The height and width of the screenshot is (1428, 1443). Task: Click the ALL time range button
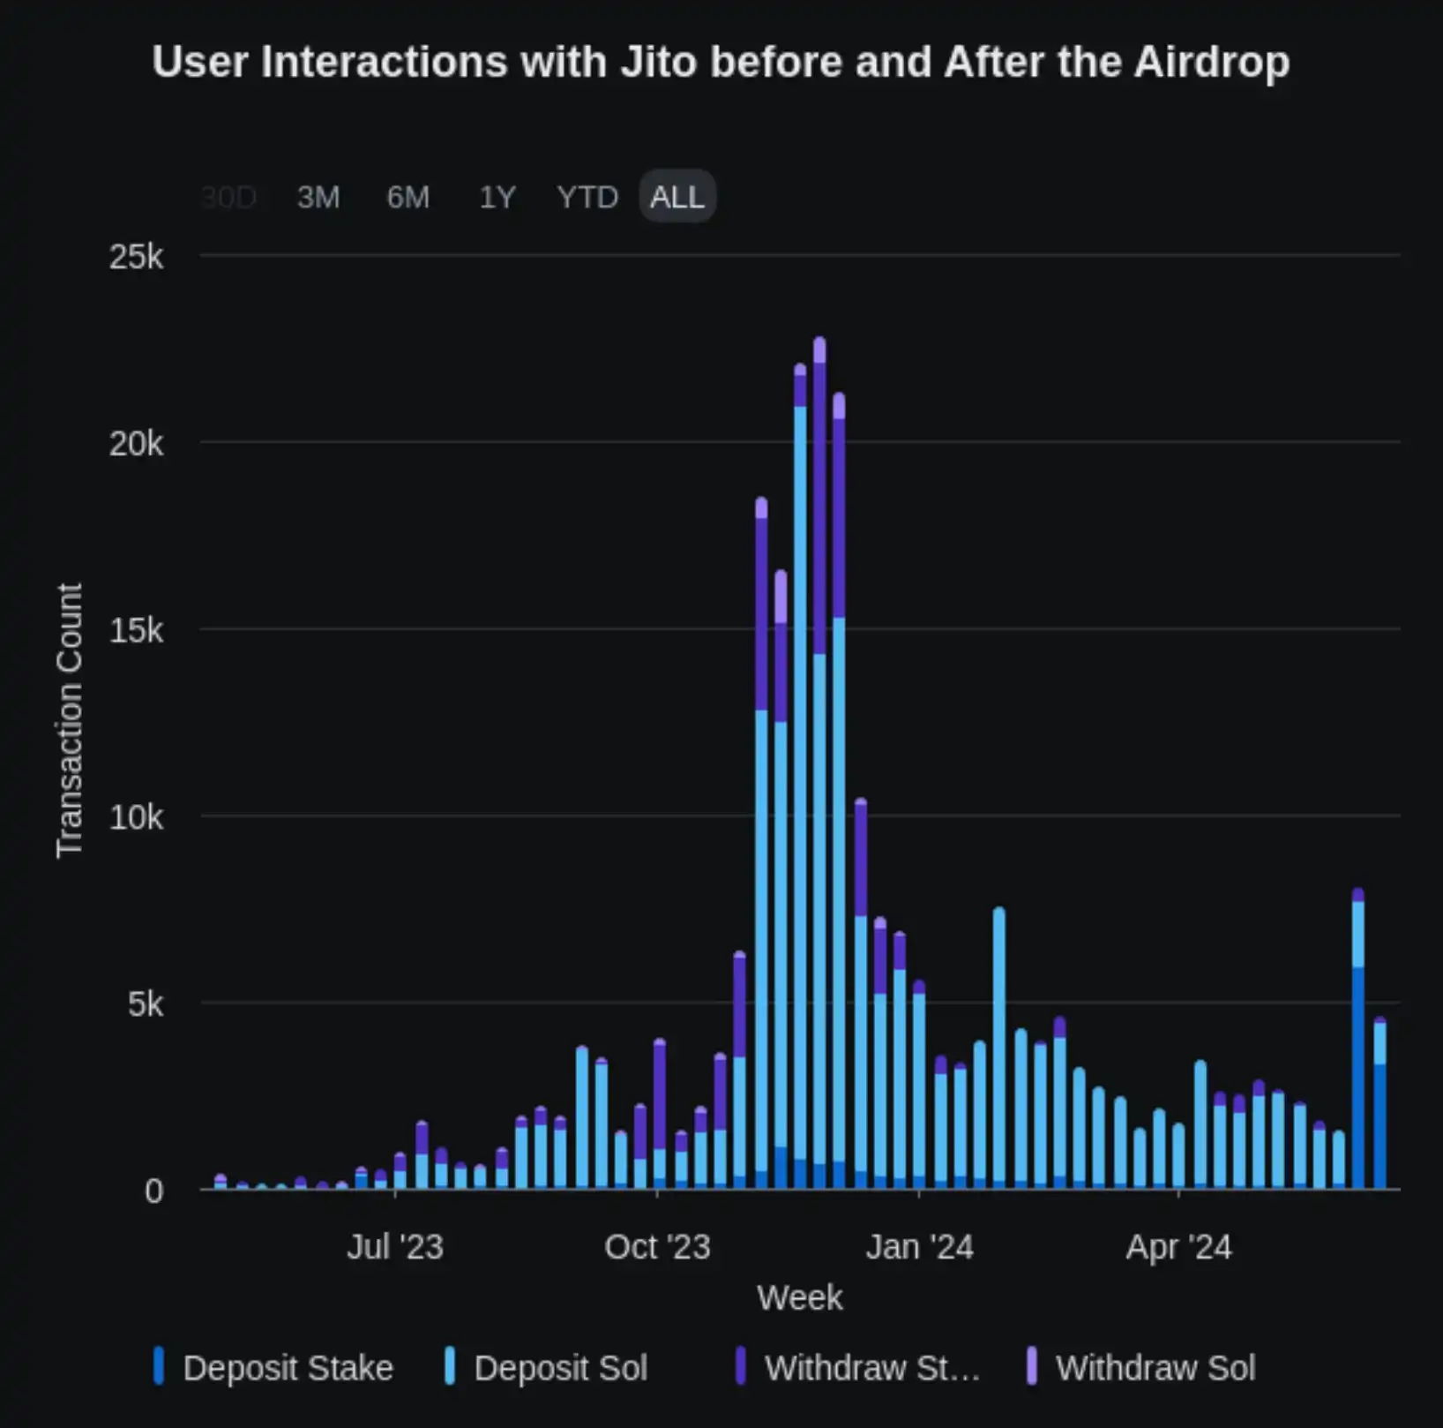click(677, 197)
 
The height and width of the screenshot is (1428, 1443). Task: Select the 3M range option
click(318, 197)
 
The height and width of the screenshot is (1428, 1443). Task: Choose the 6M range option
click(407, 197)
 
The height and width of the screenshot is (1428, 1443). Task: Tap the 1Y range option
click(497, 197)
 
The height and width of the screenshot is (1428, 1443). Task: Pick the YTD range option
click(587, 197)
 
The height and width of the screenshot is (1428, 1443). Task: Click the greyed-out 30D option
click(228, 197)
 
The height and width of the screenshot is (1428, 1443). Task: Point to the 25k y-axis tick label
click(136, 257)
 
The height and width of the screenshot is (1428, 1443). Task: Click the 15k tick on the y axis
click(136, 630)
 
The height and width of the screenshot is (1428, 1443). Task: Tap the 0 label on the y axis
click(153, 1191)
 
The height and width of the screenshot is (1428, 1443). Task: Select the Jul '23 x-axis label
click(394, 1247)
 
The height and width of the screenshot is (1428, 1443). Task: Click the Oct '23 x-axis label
click(657, 1247)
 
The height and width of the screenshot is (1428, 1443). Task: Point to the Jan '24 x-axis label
click(919, 1247)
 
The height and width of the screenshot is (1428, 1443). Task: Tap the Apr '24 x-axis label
click(1178, 1247)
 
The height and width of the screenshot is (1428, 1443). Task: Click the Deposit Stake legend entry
click(287, 1368)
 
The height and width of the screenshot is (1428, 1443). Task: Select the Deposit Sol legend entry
click(560, 1368)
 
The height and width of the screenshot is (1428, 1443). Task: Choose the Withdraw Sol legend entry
click(1155, 1368)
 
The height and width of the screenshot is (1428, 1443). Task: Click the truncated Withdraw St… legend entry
click(871, 1368)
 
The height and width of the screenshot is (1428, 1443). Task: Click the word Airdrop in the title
click(1212, 63)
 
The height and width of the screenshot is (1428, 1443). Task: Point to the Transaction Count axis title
click(69, 719)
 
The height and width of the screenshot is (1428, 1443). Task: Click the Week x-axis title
click(799, 1297)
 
